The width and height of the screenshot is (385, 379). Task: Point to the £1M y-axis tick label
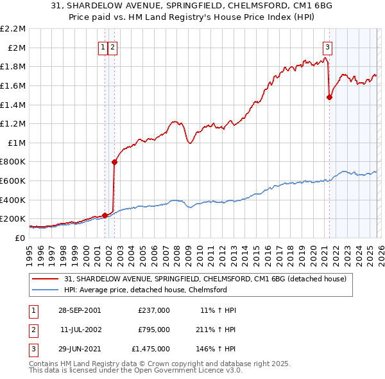(x=17, y=143)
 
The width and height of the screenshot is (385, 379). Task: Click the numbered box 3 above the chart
(x=327, y=46)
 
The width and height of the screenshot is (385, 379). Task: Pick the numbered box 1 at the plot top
(x=103, y=46)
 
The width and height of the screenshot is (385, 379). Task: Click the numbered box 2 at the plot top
(x=112, y=46)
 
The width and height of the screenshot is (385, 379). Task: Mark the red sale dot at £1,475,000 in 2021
(x=329, y=98)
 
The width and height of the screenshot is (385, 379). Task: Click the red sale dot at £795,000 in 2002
(x=114, y=162)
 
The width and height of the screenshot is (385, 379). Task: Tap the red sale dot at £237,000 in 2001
(x=105, y=215)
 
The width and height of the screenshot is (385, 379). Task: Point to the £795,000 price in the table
(x=154, y=330)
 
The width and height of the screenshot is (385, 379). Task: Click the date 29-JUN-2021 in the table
(x=78, y=349)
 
